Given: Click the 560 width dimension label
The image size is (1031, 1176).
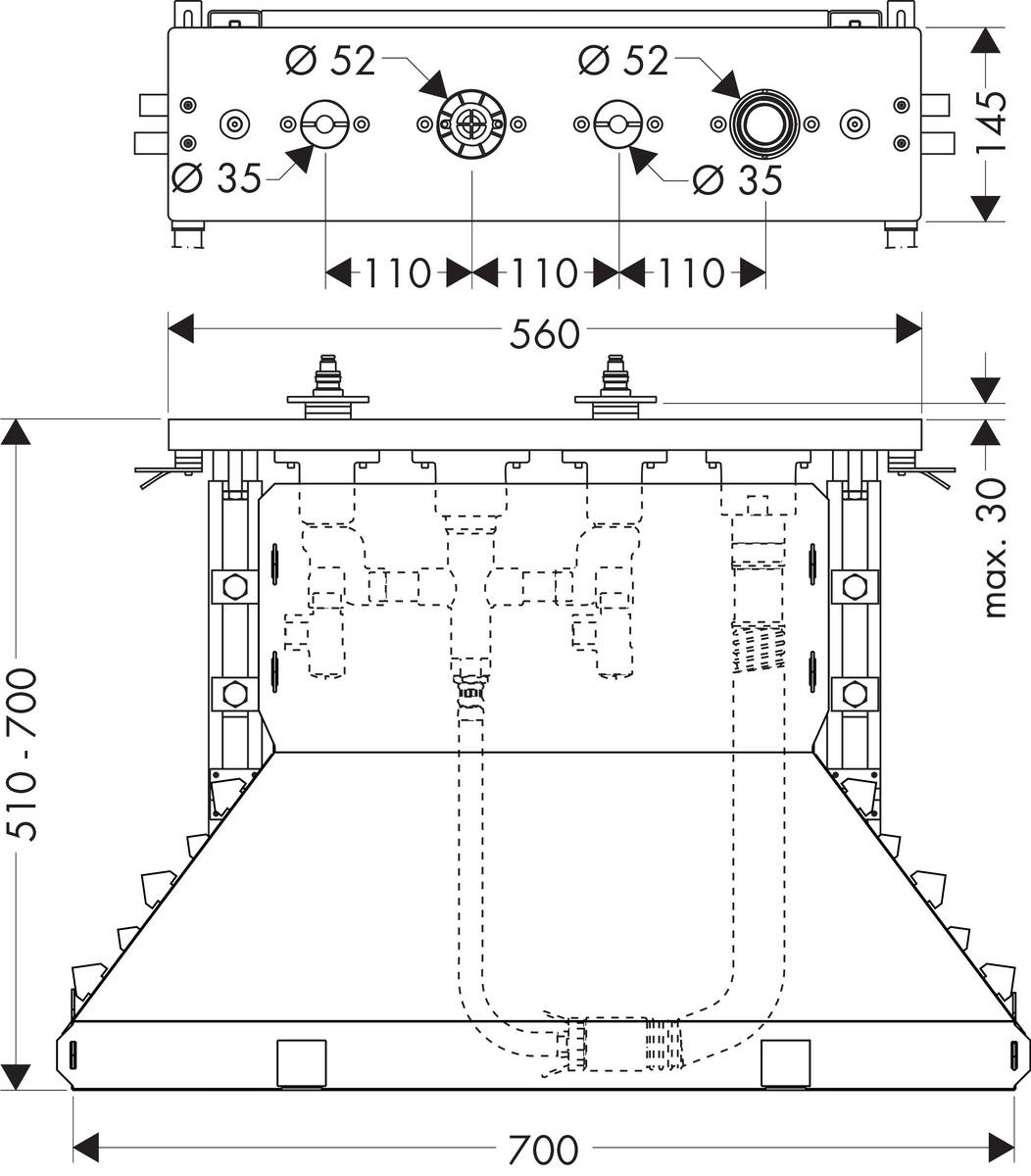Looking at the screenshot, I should point(545,334).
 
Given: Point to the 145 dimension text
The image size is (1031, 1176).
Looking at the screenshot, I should point(992,122).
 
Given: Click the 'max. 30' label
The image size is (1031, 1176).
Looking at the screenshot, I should point(994,548).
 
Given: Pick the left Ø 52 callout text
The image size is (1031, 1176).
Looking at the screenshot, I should point(331,61).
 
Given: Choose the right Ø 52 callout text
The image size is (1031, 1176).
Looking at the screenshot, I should point(623,61).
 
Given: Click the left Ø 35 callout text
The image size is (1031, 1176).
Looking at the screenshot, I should point(217,178).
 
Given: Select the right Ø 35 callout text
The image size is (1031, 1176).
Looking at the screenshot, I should point(737,179).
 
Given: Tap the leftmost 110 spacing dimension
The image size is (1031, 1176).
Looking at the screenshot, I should point(398,273).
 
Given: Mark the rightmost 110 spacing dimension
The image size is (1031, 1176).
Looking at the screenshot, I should point(692,273).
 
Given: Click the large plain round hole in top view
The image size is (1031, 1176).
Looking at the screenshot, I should point(764,123).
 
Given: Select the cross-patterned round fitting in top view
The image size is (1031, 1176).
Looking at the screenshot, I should point(471,124).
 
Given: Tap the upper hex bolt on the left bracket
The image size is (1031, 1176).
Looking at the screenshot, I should point(234,588).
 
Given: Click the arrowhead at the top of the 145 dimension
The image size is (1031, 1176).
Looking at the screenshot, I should point(986,39).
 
